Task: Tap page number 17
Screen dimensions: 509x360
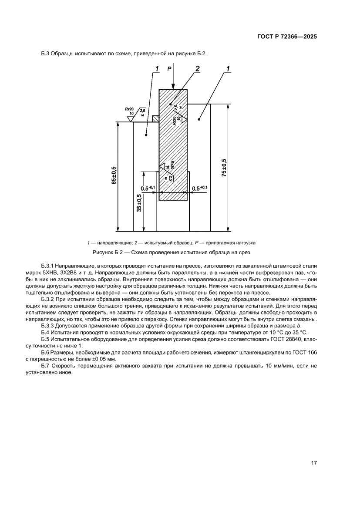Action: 314,463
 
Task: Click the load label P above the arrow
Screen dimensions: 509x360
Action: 169,68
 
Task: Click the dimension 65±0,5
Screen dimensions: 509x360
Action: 114,176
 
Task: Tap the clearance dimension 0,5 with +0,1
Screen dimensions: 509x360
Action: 200,188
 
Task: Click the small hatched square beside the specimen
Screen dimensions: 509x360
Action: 155,118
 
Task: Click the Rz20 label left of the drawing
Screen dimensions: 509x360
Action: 129,108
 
